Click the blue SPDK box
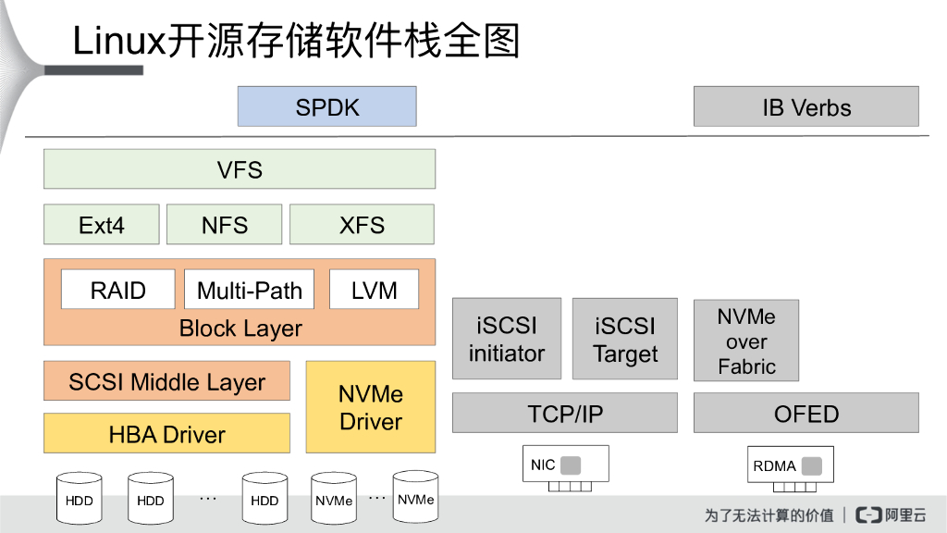pos(326,106)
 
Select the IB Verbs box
pos(806,106)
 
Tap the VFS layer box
pos(239,169)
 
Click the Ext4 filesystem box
pos(101,225)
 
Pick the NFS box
pos(224,225)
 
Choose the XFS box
pos(362,225)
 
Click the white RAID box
pos(117,290)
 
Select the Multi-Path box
pos(249,290)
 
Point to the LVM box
pos(374,290)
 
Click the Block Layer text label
pos(240,328)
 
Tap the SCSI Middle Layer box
pos(166,381)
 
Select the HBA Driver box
pos(166,433)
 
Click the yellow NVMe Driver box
pos(370,407)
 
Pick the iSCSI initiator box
pos(506,339)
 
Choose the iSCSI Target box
pos(625,339)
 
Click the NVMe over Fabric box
pos(745,341)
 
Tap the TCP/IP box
pos(564,413)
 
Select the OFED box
pos(806,413)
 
